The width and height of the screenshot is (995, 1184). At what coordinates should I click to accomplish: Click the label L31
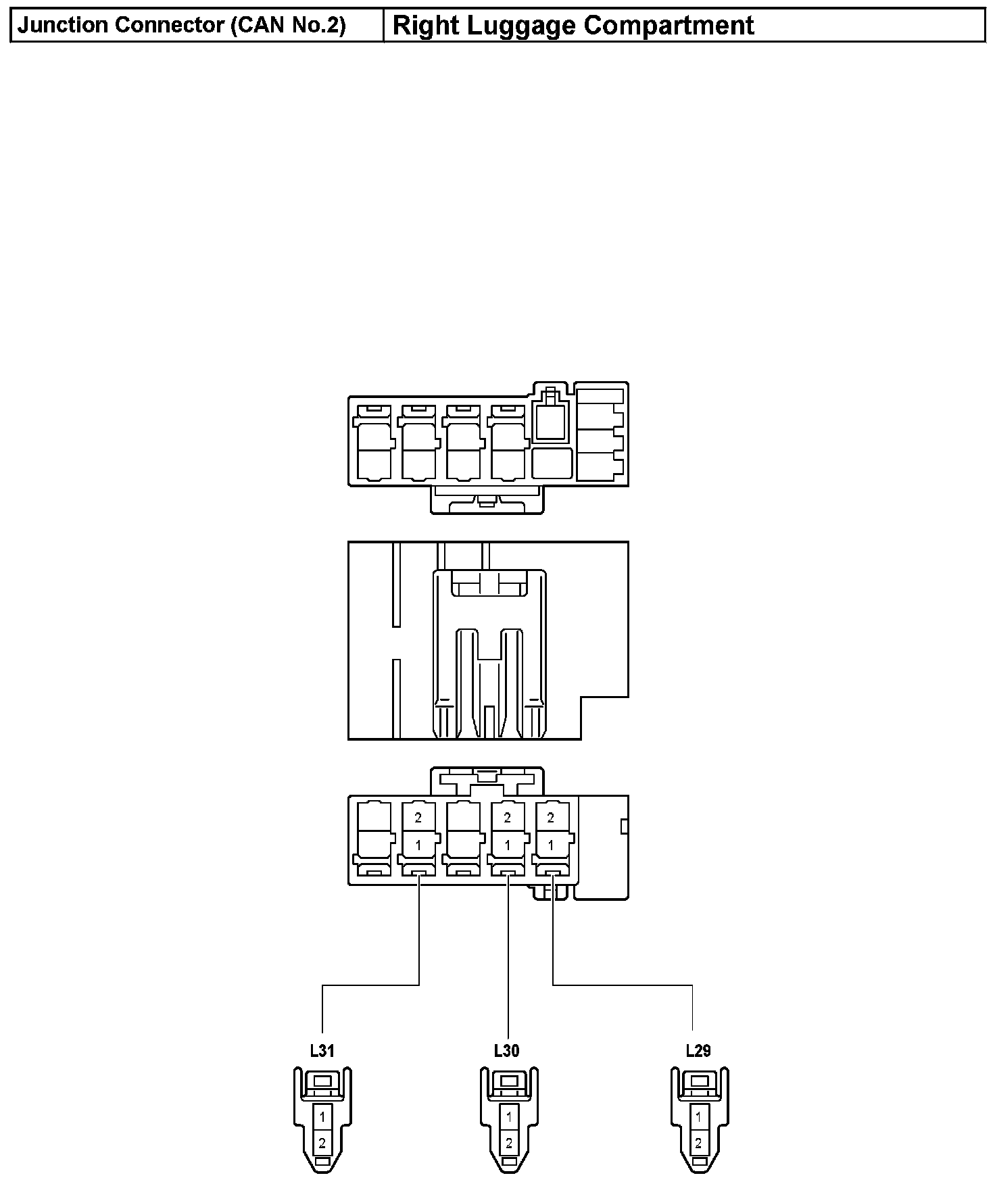coord(322,1051)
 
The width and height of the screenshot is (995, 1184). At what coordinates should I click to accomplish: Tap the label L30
coord(506,1051)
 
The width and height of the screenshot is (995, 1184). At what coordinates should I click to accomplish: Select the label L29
coord(698,1051)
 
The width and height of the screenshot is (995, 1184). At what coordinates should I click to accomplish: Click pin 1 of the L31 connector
coord(322,1116)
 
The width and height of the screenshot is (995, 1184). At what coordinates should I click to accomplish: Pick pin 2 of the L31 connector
coord(322,1143)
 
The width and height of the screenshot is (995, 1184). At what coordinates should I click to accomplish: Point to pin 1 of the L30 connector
coord(509,1116)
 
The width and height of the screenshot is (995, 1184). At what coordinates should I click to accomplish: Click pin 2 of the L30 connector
coord(509,1143)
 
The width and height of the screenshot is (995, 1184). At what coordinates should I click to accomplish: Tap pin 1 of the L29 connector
coord(699,1116)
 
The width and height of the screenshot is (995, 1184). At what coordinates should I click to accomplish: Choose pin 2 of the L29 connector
coord(699,1143)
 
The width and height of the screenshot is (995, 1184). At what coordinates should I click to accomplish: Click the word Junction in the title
coord(63,26)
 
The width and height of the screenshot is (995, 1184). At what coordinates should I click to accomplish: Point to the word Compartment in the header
coord(669,26)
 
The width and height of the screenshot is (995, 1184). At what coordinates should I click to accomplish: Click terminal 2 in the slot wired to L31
coord(418,818)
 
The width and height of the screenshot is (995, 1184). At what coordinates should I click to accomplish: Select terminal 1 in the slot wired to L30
coord(508,845)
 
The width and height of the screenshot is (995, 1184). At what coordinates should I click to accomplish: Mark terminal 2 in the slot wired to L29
coord(551,818)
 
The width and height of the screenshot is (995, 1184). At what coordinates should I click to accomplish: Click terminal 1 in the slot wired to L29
coord(551,845)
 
